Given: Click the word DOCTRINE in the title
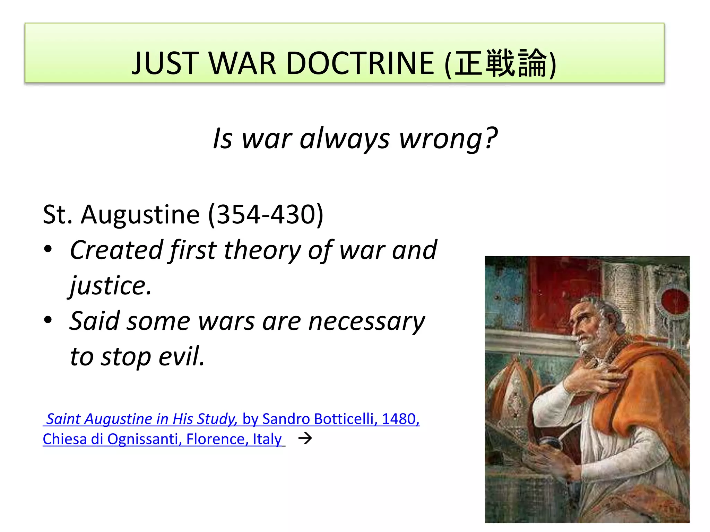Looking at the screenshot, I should pos(360,63).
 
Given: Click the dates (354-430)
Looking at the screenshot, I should pos(266,214).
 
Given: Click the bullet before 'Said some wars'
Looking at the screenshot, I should pos(48,320).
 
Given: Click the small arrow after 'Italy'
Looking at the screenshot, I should pos(305,438).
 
